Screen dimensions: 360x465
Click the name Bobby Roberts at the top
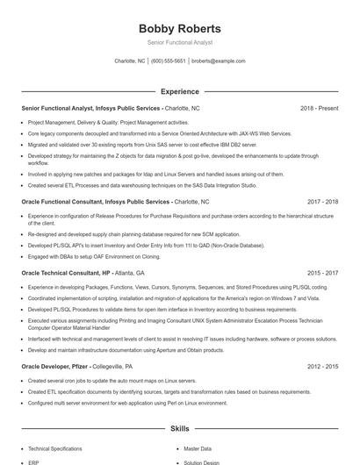pyautogui.click(x=179, y=28)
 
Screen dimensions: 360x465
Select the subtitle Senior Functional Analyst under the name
pyautogui.click(x=179, y=42)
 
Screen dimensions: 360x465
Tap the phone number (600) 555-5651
pyautogui.click(x=169, y=61)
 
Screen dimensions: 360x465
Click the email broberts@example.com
pyautogui.click(x=219, y=61)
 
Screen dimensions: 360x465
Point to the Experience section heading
pyautogui.click(x=179, y=91)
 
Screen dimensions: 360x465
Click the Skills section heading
pyautogui.click(x=179, y=429)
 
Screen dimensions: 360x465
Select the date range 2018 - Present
pyautogui.click(x=319, y=108)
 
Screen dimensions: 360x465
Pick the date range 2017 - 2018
pyautogui.click(x=322, y=202)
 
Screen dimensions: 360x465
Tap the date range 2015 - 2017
pyautogui.click(x=322, y=273)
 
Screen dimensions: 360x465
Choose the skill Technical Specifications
pyautogui.click(x=54, y=448)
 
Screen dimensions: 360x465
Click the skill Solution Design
pyautogui.click(x=202, y=461)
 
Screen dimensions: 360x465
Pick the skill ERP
pyautogui.click(x=33, y=461)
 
